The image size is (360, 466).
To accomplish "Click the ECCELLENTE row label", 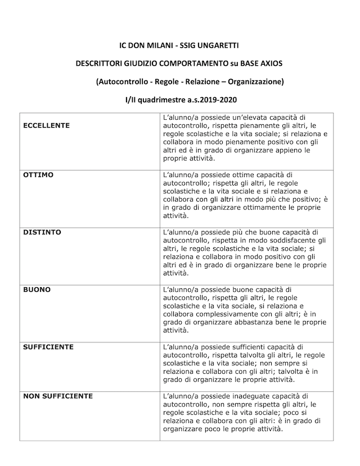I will [46, 125].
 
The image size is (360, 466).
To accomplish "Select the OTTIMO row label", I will [38, 175].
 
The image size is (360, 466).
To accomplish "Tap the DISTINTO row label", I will [42, 232].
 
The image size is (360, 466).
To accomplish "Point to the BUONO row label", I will [37, 289].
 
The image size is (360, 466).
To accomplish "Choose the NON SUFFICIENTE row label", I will [57, 396].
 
